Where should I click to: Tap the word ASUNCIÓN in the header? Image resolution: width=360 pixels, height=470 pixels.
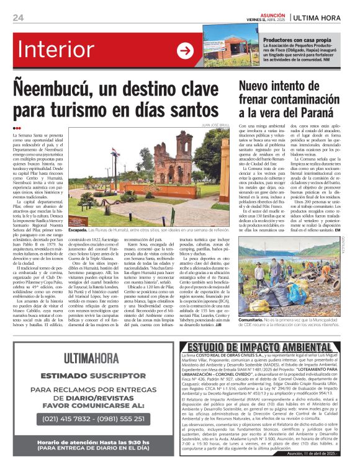(274, 13)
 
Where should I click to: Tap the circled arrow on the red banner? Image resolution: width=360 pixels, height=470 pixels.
(185, 50)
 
